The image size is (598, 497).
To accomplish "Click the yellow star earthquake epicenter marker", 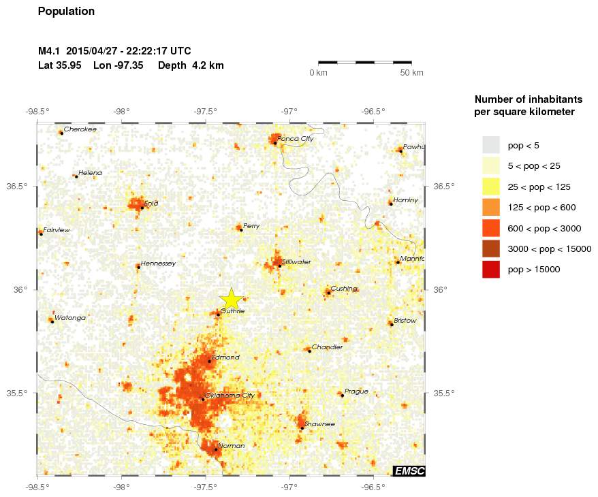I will tap(232, 298).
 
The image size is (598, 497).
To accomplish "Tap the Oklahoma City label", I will tap(230, 396).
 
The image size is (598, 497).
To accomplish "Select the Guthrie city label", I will tap(232, 311).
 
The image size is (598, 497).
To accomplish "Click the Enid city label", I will tap(151, 203).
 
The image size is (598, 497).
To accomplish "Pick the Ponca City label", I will tap(296, 139).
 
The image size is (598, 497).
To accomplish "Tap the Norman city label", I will tap(231, 446).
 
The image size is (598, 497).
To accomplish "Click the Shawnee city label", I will tap(319, 424).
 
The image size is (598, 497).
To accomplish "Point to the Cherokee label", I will tap(80, 129).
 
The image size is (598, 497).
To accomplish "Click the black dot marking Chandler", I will tap(309, 351).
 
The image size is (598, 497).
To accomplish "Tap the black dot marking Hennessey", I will tap(138, 267).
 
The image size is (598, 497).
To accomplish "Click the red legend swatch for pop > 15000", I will tap(491, 270).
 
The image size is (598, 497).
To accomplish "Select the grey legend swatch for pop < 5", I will tap(491, 145).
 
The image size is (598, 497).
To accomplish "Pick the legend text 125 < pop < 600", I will tap(542, 207).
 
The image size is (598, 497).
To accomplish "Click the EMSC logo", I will tap(409, 470).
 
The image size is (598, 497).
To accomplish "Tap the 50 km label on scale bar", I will tap(411, 73).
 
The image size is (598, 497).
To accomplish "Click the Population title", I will tap(66, 12).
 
